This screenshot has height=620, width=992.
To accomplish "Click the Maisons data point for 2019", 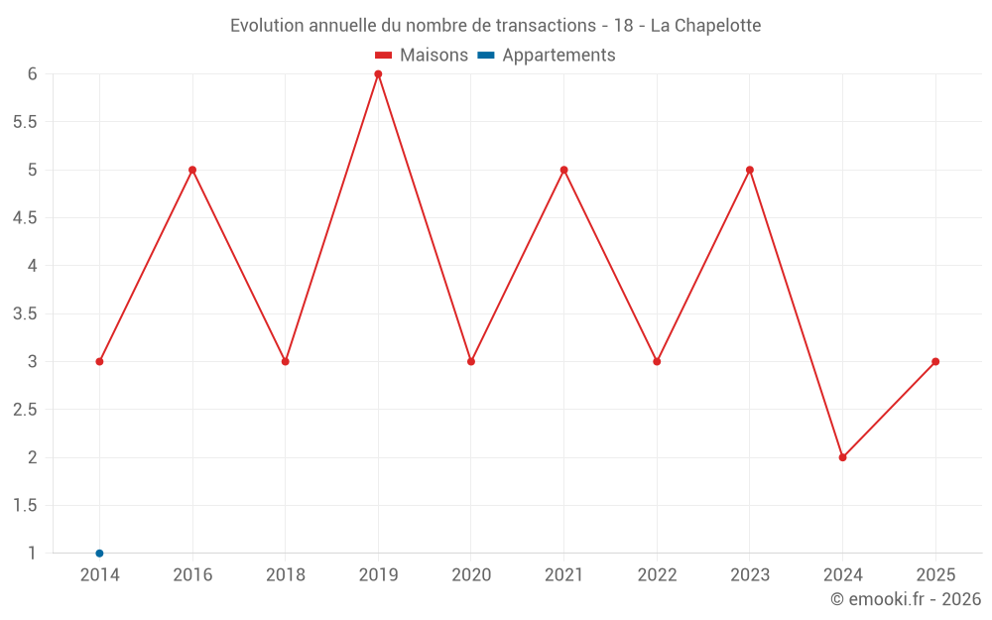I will pyautogui.click(x=378, y=74).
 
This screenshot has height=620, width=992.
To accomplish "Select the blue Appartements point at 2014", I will pyautogui.click(x=99, y=554).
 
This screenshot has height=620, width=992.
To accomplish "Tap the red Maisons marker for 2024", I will pyautogui.click(x=842, y=457).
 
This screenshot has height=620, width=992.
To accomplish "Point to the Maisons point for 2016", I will pyautogui.click(x=192, y=170).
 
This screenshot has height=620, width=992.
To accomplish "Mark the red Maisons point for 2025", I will pyautogui.click(x=935, y=361).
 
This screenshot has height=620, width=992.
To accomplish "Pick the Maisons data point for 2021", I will pyautogui.click(x=563, y=170).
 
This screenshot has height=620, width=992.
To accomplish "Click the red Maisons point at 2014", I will pyautogui.click(x=99, y=361).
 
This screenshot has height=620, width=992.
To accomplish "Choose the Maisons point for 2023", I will pyautogui.click(x=750, y=170).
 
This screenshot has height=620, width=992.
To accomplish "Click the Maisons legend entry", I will pyautogui.click(x=422, y=56).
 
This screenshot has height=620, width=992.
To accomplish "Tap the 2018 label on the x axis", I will pyautogui.click(x=285, y=574).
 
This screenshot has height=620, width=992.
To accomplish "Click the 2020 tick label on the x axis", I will pyautogui.click(x=471, y=574).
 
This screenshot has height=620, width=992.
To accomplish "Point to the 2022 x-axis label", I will pyautogui.click(x=657, y=574).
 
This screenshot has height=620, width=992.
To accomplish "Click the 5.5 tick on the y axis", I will pyautogui.click(x=25, y=122).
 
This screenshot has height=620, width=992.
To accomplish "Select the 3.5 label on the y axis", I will pyautogui.click(x=25, y=313).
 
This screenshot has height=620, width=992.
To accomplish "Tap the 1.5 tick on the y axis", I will pyautogui.click(x=25, y=506).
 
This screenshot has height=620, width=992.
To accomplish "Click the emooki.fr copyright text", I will pyautogui.click(x=905, y=599).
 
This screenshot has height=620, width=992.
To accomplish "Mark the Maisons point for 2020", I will pyautogui.click(x=471, y=361).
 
